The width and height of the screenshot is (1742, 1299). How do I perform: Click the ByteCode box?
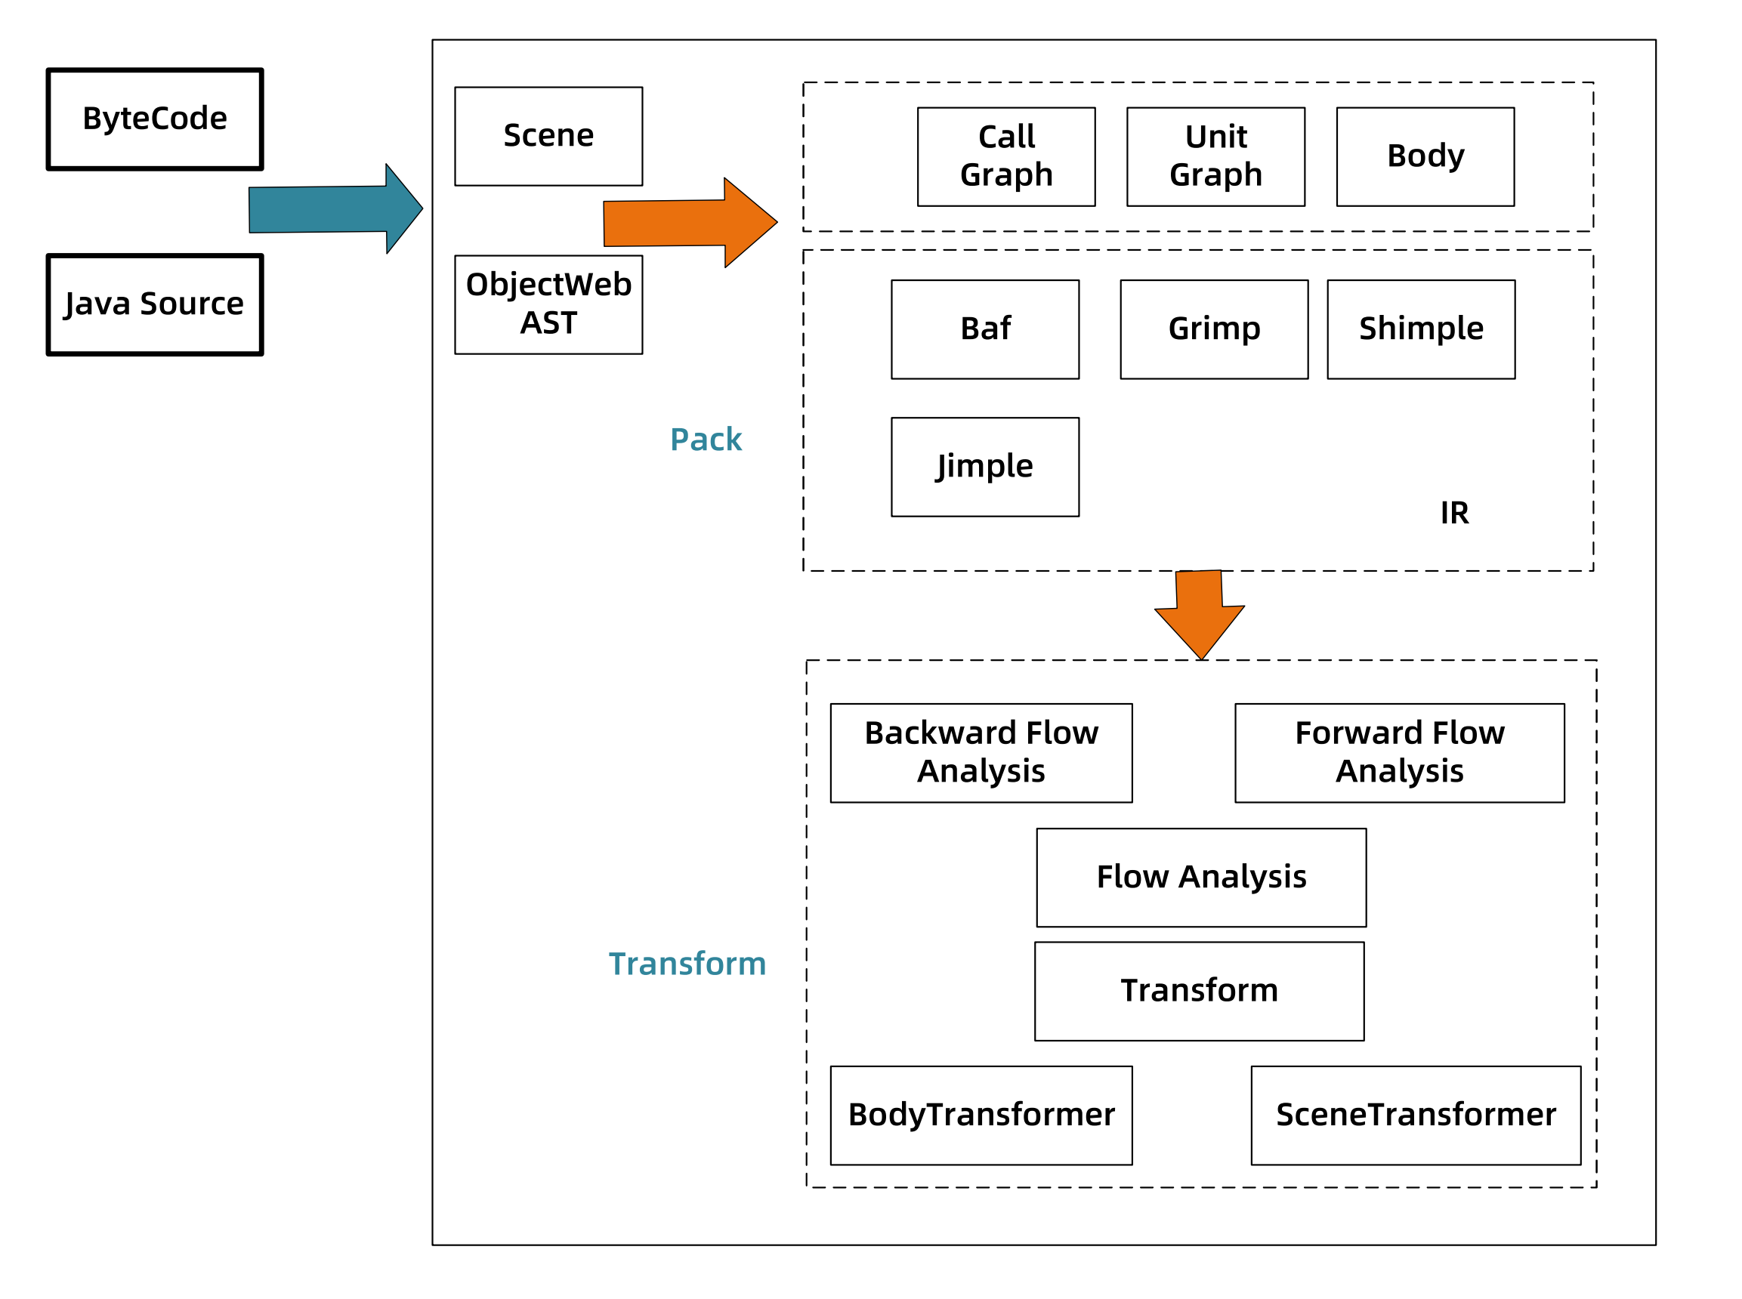(154, 119)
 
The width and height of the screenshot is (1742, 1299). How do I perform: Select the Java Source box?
(154, 304)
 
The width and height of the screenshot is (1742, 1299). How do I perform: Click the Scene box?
(548, 136)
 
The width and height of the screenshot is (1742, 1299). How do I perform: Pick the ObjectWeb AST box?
(548, 304)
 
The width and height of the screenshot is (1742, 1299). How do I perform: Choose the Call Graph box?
(1006, 156)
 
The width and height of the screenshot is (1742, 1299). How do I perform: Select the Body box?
(1425, 156)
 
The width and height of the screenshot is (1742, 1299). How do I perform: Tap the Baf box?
(984, 329)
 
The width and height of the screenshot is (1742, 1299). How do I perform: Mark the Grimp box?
(1213, 329)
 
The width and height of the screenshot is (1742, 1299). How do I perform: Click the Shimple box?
(1420, 329)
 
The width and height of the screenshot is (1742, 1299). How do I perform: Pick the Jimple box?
(984, 466)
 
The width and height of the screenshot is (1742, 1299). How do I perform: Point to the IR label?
(1454, 513)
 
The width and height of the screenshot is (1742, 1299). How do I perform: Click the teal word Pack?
(706, 439)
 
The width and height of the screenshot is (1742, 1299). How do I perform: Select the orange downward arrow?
(1200, 612)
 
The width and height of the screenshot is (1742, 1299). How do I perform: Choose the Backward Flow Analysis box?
(981, 752)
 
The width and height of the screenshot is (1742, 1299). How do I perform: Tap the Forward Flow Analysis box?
(1399, 752)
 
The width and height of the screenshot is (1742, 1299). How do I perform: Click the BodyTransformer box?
(981, 1115)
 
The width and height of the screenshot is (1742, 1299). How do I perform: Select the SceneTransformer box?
(1416, 1115)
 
